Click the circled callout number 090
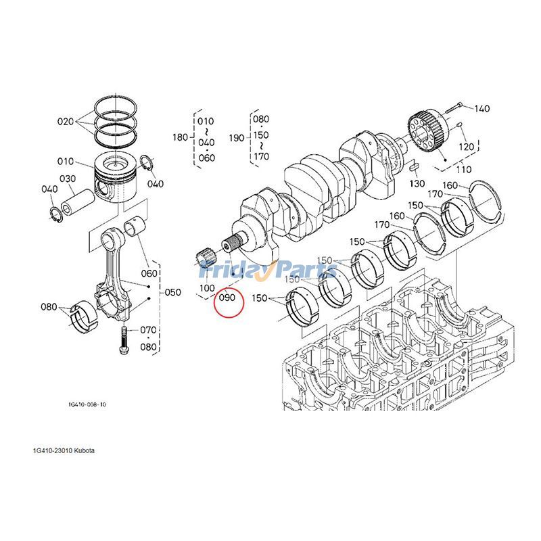pos(227,298)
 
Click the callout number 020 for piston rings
pos(66,122)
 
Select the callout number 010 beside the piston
pos(66,162)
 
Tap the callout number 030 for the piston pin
pos(67,179)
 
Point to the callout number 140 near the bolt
pos(481,108)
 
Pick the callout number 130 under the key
pos(417,184)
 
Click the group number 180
pos(180,137)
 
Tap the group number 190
pos(236,137)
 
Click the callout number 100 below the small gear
pos(206,287)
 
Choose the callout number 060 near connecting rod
pos(149,274)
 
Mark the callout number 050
pos(173,292)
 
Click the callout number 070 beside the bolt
pos(149,330)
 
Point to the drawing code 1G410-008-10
pos(87,404)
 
